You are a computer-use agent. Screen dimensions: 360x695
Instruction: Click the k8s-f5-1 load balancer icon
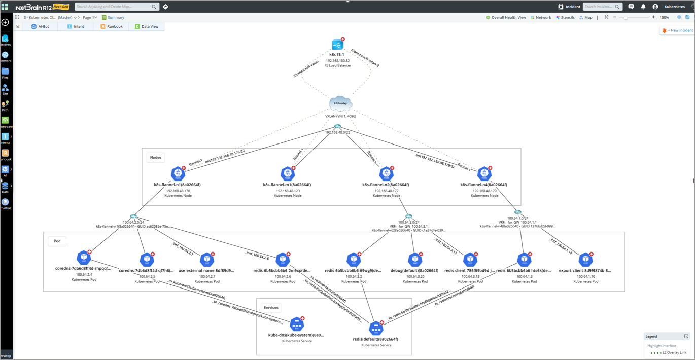point(337,45)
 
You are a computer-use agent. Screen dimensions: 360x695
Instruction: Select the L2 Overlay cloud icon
point(340,103)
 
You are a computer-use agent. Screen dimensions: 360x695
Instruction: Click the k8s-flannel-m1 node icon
point(288,174)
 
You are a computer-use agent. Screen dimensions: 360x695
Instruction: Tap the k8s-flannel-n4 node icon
point(484,174)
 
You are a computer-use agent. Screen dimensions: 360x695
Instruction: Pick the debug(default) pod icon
point(415,260)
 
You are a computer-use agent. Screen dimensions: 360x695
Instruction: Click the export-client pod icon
point(585,260)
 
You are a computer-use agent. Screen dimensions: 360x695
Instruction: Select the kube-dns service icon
point(297,325)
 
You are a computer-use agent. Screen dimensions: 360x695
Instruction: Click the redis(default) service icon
point(376,328)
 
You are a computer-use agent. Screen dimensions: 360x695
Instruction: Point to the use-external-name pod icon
point(207,260)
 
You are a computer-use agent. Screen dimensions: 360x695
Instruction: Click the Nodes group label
point(156,157)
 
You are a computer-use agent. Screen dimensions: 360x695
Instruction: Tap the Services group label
point(271,307)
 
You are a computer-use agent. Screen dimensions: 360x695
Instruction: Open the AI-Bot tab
point(40,26)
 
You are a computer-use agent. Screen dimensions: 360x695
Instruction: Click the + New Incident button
point(677,30)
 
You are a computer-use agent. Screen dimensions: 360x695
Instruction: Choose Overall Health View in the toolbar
point(506,17)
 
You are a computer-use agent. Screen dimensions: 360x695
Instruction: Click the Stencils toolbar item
point(565,17)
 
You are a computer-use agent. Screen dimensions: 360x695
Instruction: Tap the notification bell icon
point(643,7)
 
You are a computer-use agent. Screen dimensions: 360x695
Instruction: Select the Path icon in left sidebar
point(5,105)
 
